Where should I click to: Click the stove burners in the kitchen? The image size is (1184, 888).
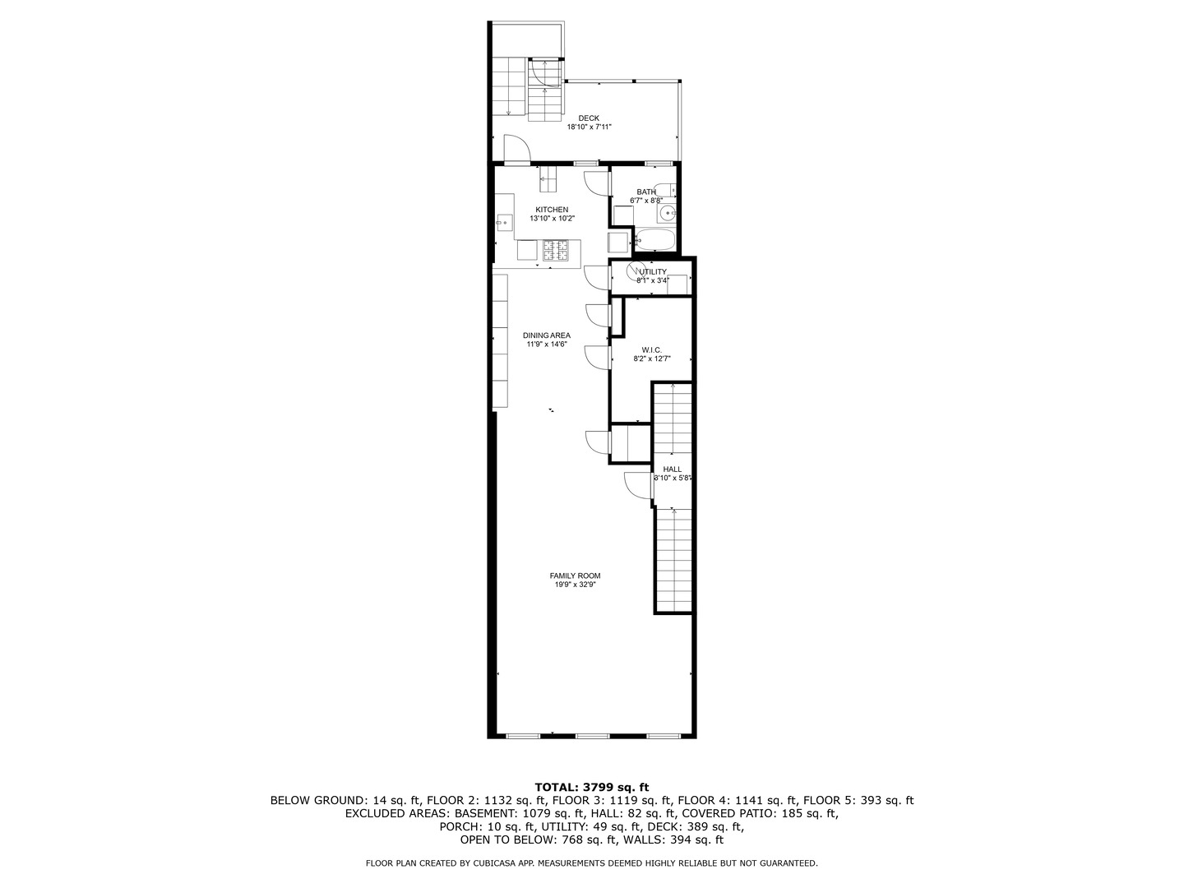coord(554,250)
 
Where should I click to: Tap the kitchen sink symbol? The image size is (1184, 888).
coord(502,220)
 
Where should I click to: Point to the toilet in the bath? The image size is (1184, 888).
coord(666,190)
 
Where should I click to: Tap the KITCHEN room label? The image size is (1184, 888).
coord(552,210)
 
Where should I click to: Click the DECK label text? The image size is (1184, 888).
coord(589,118)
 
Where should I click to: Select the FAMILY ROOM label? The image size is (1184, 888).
coord(575,576)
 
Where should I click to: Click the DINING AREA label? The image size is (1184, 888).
coord(547,335)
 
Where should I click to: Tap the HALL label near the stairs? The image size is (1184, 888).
coord(672,469)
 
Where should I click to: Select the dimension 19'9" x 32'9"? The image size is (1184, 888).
coord(575,585)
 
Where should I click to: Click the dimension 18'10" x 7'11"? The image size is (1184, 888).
coord(589,127)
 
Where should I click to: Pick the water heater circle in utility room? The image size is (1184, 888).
coord(635,271)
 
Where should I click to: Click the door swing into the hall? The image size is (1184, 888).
coord(637,485)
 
